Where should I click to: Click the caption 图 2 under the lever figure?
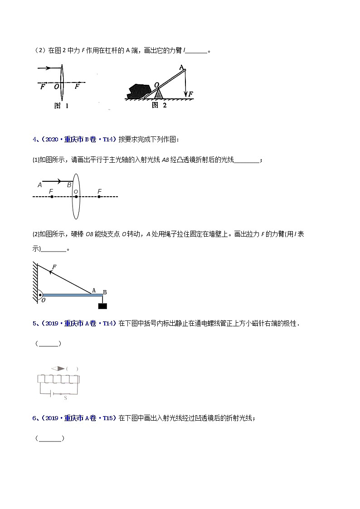pos(159,105)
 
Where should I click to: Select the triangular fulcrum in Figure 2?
pos(158,94)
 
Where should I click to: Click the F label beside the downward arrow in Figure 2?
pos(191,94)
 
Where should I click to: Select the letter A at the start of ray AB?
pos(40,185)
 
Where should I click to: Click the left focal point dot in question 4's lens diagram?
pos(51,197)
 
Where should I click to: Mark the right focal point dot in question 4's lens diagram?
pos(99,197)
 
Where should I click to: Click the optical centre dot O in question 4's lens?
pos(76,197)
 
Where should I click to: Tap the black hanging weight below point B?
pos(103,306)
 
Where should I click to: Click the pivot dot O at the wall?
pos(40,295)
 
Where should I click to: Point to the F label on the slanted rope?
pos(54,267)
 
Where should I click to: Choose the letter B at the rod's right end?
pos(104,292)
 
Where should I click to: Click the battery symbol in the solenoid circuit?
pos(54,394)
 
